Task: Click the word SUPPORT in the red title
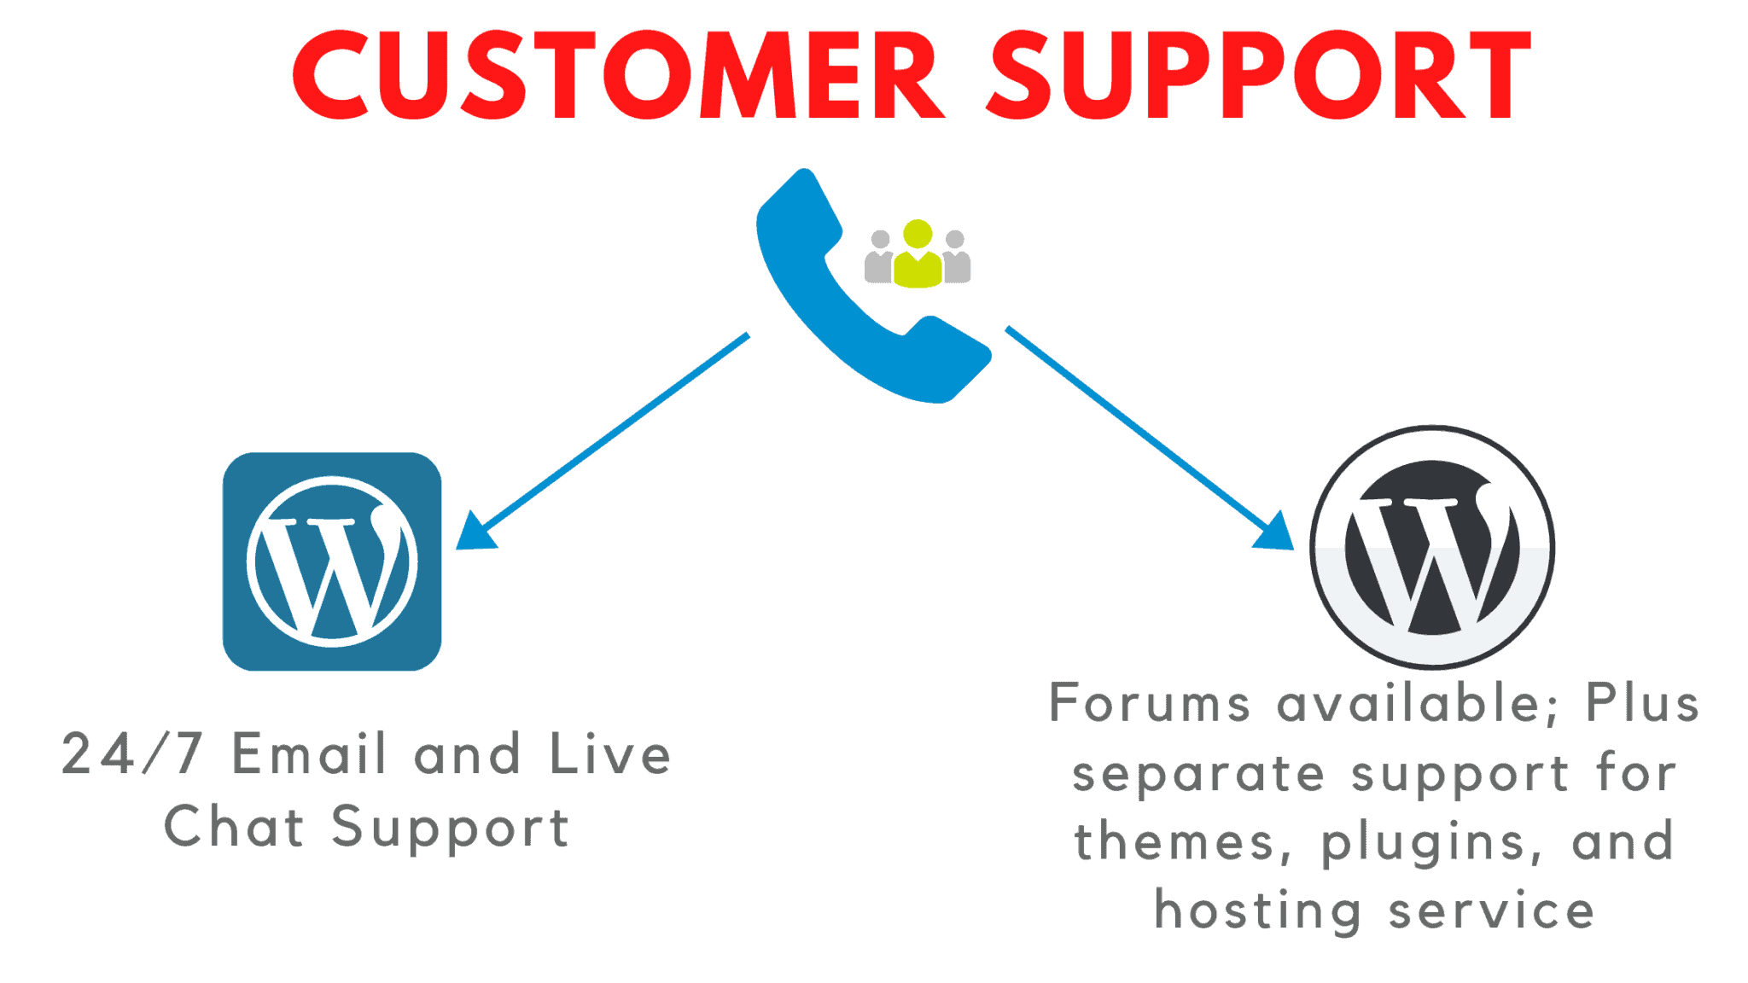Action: [1260, 75]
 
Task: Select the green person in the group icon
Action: [918, 254]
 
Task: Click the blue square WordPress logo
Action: [332, 561]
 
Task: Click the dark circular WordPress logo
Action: [1432, 547]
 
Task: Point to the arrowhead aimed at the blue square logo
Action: [474, 534]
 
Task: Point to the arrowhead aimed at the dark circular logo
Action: [1276, 534]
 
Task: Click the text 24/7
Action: [132, 754]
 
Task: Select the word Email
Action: [310, 754]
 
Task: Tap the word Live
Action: [610, 754]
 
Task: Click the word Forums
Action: [1150, 703]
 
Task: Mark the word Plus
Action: [1642, 703]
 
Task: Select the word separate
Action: [1198, 775]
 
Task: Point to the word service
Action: [1491, 911]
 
